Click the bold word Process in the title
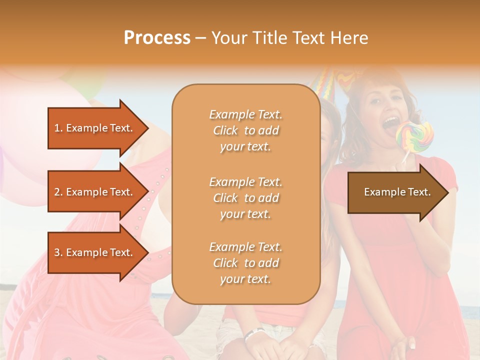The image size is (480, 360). click(x=157, y=38)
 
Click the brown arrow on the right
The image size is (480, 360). click(x=397, y=192)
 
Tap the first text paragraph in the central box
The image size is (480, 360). click(x=245, y=130)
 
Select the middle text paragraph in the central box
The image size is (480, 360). click(x=245, y=198)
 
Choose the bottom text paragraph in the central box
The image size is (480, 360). click(x=245, y=263)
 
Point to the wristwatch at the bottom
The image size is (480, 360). click(x=253, y=334)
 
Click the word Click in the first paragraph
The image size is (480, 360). click(x=225, y=130)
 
